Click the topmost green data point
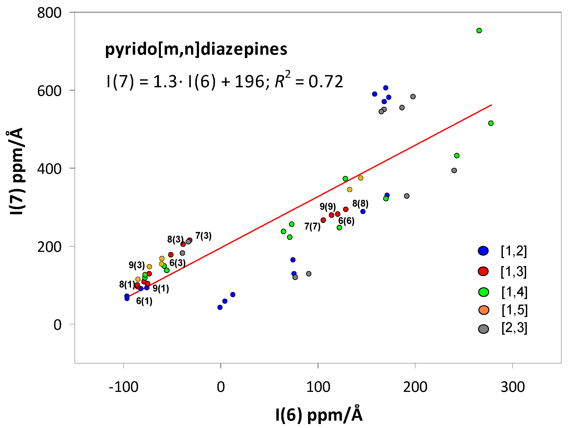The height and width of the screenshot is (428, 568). [479, 31]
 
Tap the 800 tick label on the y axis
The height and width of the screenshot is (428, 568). [49, 13]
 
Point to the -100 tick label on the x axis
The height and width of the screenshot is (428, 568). [123, 387]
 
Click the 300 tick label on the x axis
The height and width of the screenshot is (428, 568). [513, 387]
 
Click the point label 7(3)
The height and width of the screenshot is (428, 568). [203, 236]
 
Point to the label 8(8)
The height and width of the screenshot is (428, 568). [360, 204]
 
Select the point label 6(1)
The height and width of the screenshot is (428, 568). [144, 301]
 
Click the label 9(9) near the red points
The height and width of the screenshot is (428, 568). [328, 206]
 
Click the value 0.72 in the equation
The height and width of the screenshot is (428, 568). [326, 82]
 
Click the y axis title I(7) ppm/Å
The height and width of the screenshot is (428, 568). [16, 171]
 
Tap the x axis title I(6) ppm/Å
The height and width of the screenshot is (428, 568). [319, 415]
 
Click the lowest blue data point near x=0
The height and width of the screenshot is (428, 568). [220, 307]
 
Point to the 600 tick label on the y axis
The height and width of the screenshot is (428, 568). [49, 91]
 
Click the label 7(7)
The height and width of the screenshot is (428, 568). [312, 226]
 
